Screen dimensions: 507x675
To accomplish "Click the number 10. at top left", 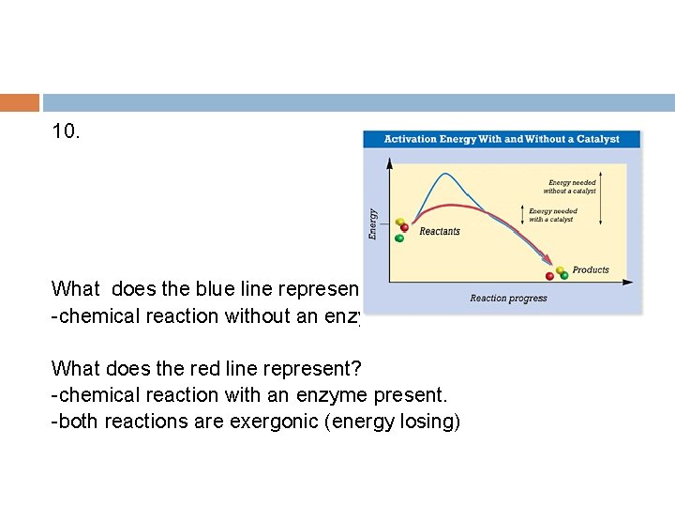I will click(67, 132).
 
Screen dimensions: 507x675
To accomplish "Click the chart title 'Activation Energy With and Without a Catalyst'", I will click(502, 139).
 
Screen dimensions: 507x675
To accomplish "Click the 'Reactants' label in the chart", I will click(440, 231).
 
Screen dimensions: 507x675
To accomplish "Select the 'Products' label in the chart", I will click(591, 269).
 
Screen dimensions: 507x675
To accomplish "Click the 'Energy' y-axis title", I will click(374, 223).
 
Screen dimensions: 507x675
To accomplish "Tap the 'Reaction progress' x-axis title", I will click(508, 299).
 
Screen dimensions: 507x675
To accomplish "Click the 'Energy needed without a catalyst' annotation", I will click(572, 187).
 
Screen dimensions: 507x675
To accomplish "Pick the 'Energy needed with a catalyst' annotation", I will click(553, 215).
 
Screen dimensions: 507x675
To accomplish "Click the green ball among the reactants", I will click(399, 238).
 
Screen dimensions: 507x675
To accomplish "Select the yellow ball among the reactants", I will click(397, 223).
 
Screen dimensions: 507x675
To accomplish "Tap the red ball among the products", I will click(549, 276).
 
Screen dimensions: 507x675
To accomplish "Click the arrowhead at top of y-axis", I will click(389, 161).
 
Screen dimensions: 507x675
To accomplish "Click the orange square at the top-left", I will click(20, 102).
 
